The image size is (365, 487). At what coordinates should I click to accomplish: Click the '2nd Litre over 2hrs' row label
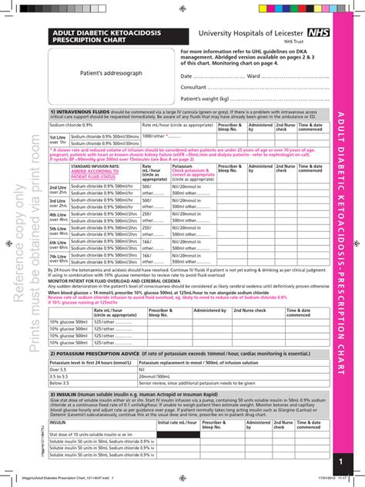[x=58, y=190]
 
